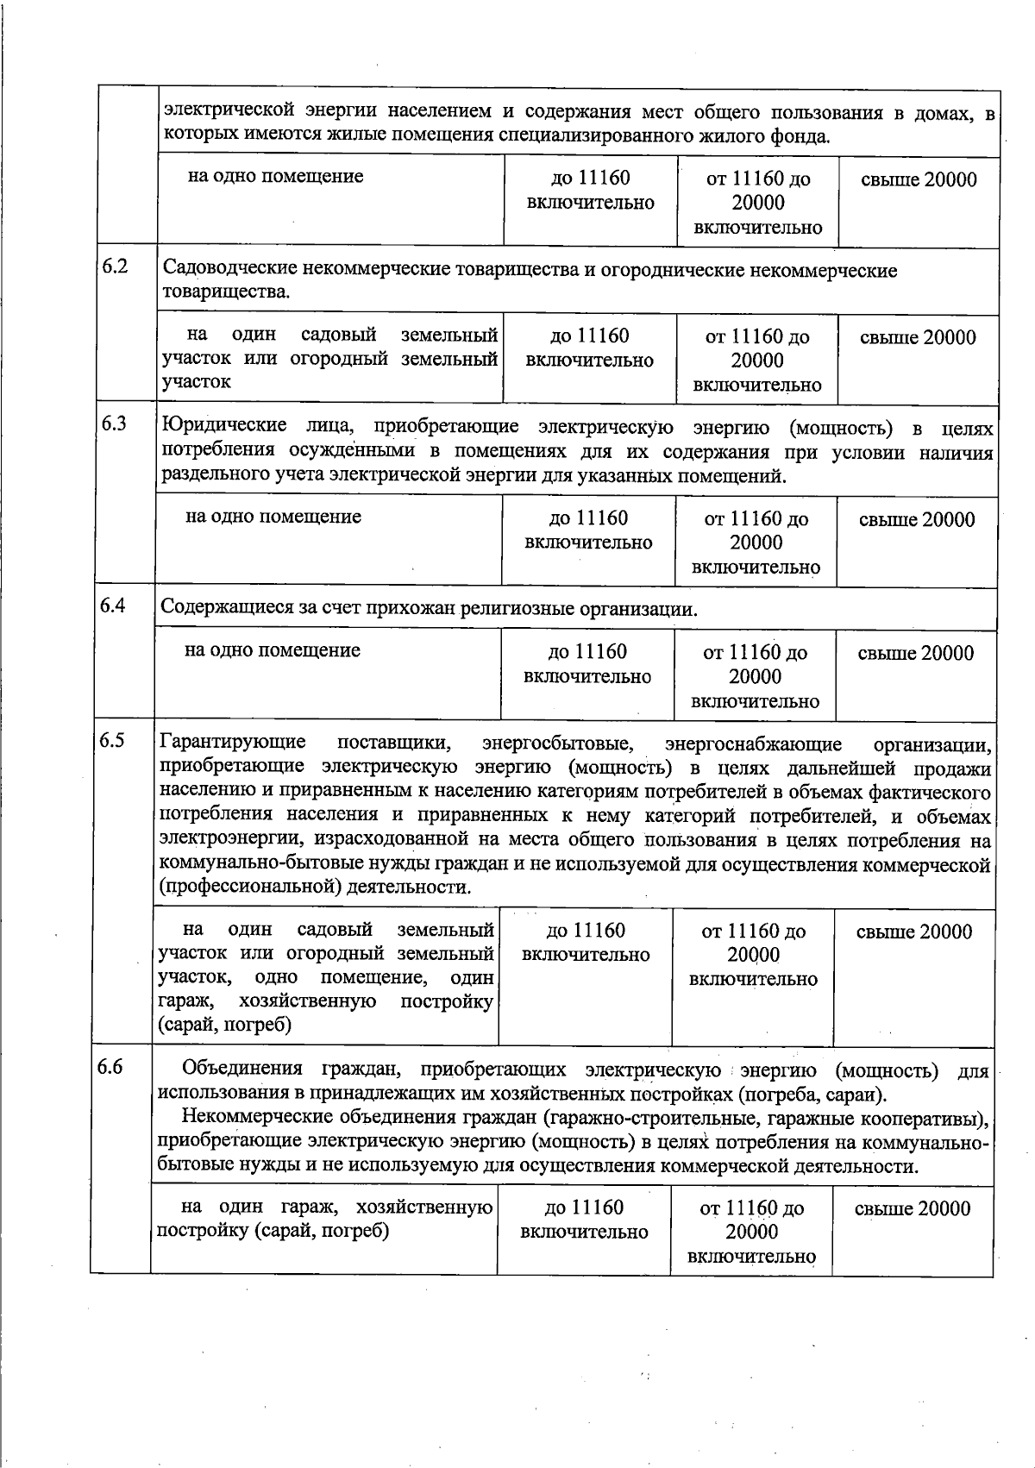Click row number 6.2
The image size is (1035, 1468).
115,266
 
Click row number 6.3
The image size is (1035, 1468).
114,423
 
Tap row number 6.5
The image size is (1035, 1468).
111,740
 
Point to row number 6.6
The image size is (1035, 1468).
110,1068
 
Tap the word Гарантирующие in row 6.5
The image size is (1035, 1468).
232,742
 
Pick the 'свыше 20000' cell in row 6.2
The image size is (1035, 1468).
918,337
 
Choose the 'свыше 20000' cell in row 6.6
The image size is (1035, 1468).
913,1208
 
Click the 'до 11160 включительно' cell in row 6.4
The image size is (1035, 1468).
587,664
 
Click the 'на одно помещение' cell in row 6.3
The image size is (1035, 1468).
273,517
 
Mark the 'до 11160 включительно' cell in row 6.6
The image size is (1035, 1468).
584,1220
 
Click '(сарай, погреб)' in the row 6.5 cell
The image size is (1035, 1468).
224,1025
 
